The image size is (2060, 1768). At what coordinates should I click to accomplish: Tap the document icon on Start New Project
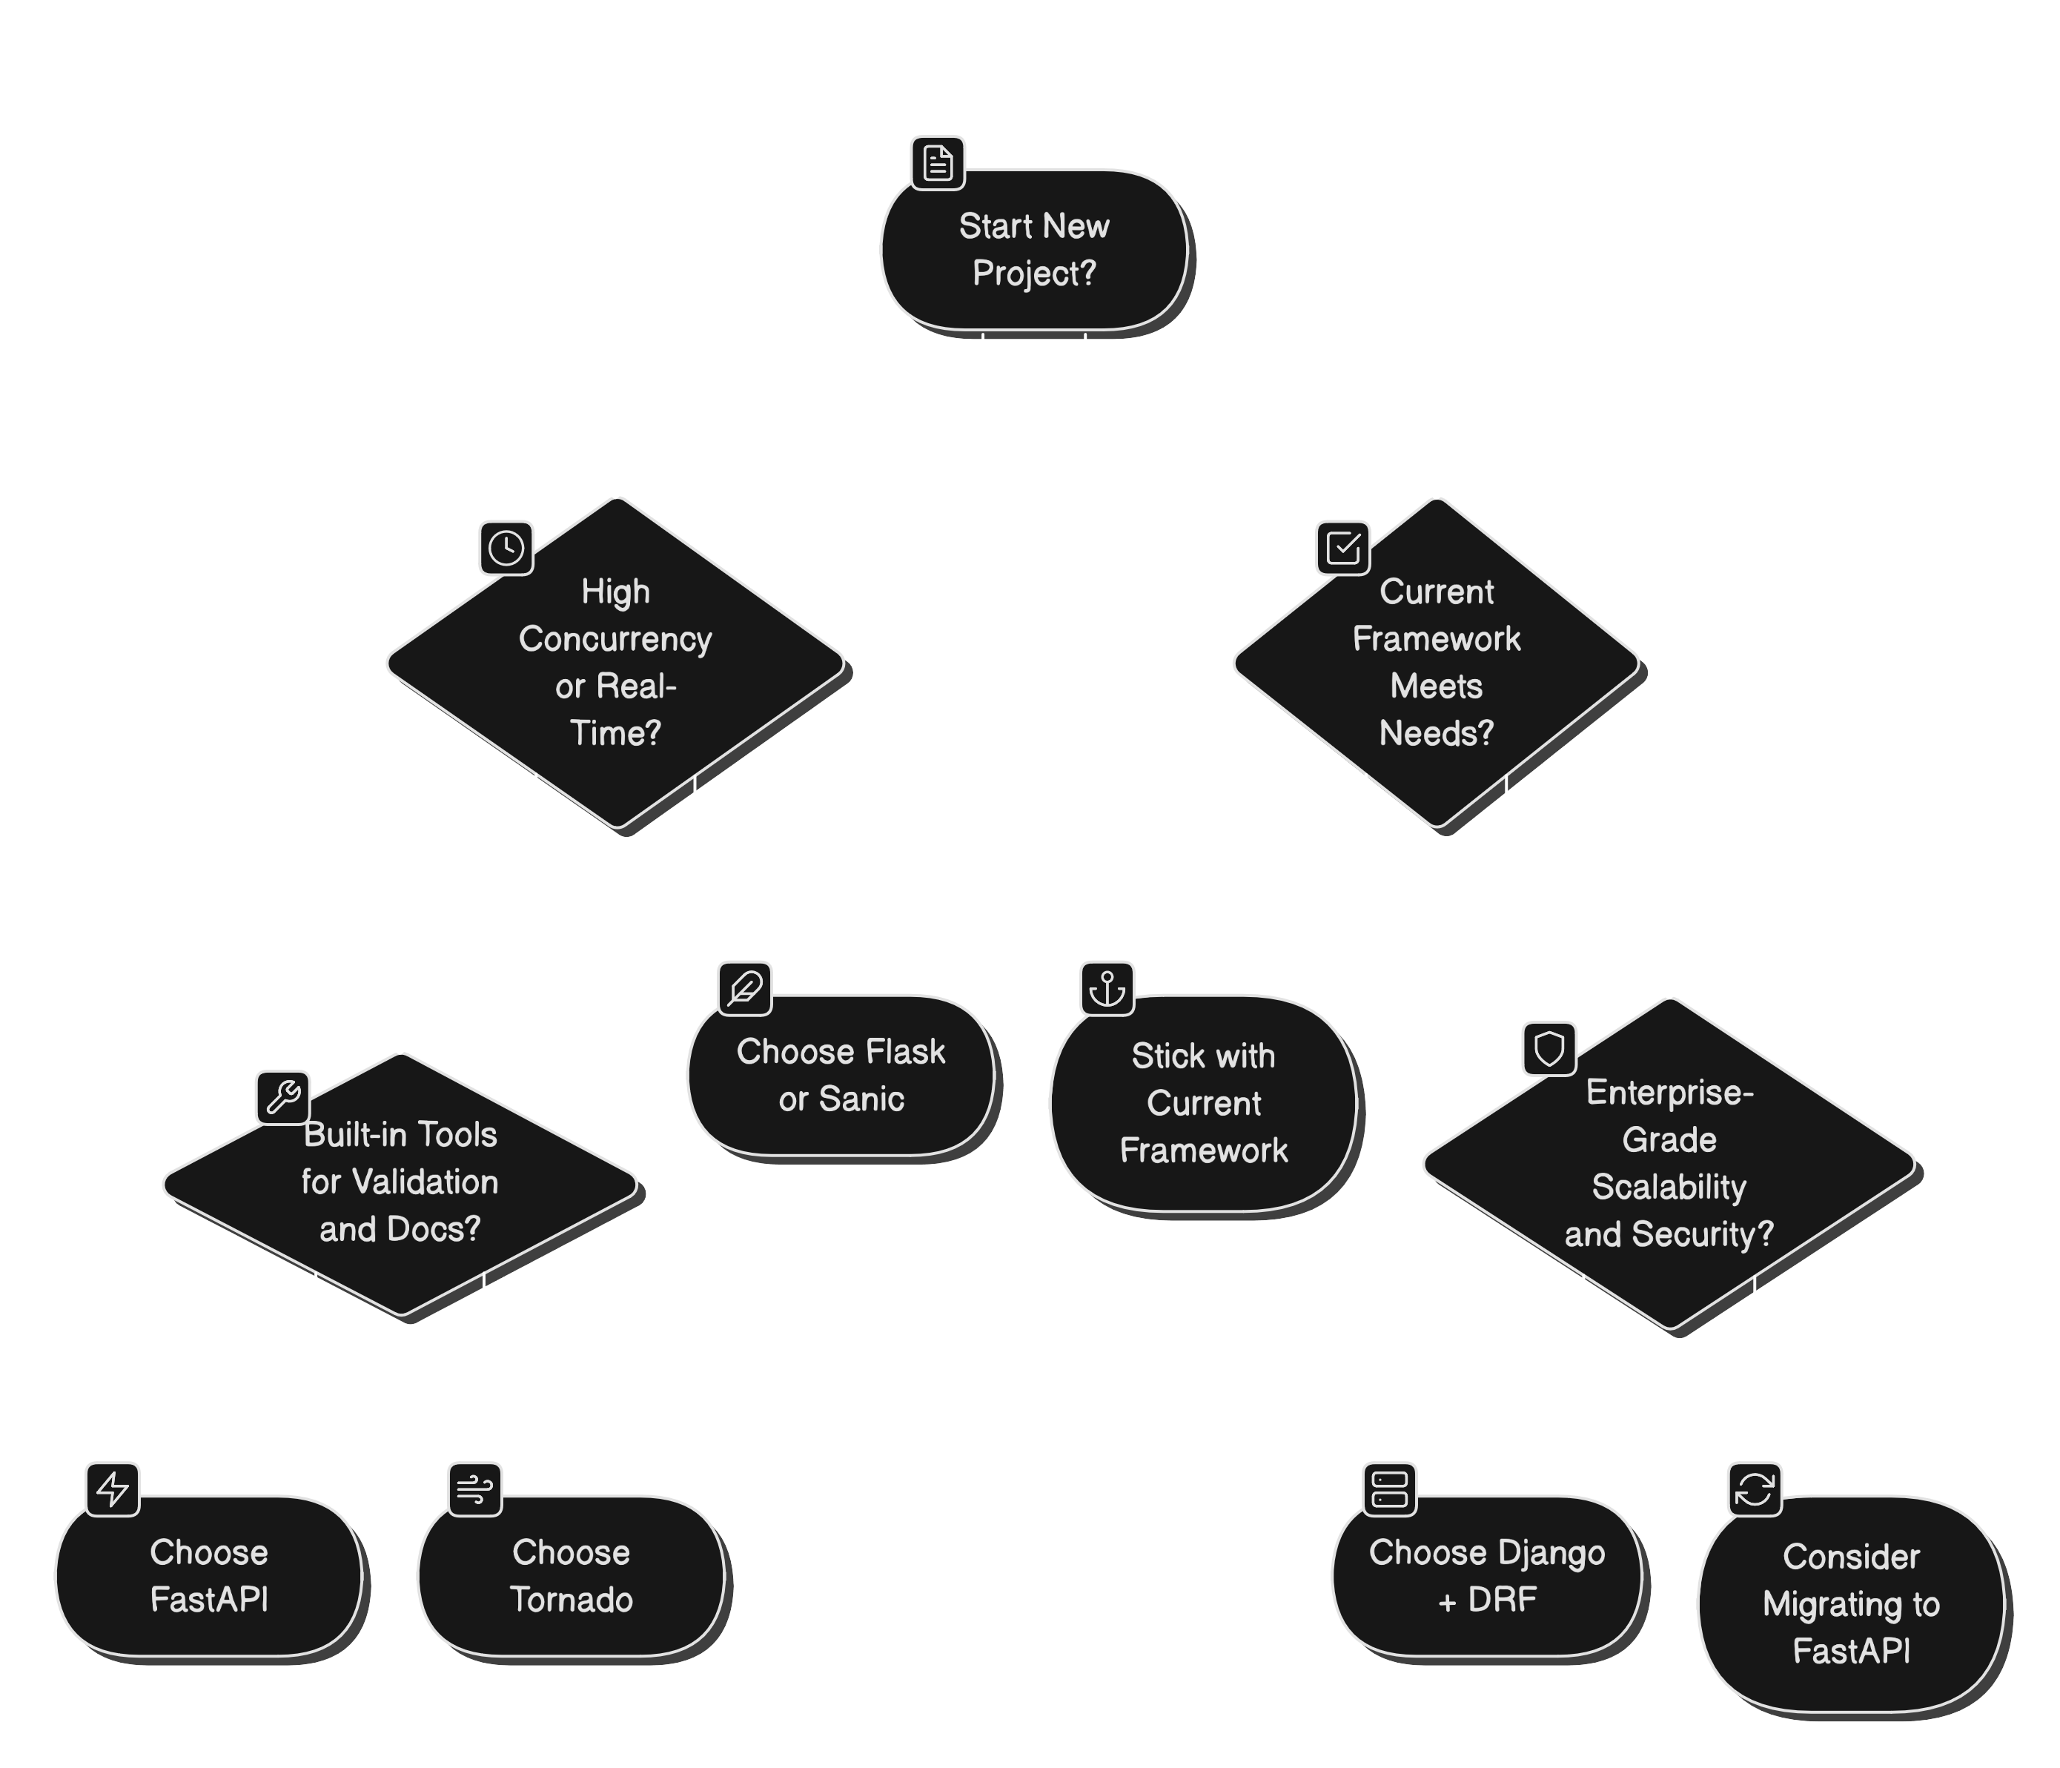click(x=938, y=163)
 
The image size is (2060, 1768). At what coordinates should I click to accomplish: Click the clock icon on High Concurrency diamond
click(x=506, y=548)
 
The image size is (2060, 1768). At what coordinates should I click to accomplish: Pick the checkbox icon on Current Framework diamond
click(x=1343, y=548)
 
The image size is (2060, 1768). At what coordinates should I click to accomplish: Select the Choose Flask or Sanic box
click(x=841, y=1076)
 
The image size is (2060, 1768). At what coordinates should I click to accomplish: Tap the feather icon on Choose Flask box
click(x=745, y=988)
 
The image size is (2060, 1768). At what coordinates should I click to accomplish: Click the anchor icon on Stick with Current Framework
click(x=1107, y=988)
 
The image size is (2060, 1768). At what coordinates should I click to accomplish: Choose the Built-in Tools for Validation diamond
click(x=400, y=1182)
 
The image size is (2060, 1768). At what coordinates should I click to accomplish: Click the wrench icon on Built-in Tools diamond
click(x=283, y=1097)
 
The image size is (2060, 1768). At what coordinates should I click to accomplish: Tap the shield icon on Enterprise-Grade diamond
click(x=1549, y=1048)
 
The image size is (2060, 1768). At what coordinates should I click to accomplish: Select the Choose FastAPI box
click(x=209, y=1576)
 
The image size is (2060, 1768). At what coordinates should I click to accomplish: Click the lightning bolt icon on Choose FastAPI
click(x=113, y=1489)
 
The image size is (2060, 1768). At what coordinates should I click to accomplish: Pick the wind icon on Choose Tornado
click(x=474, y=1489)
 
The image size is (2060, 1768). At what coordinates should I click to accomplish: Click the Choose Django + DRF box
click(x=1486, y=1576)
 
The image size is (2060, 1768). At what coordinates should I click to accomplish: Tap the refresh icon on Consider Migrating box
click(x=1754, y=1489)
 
